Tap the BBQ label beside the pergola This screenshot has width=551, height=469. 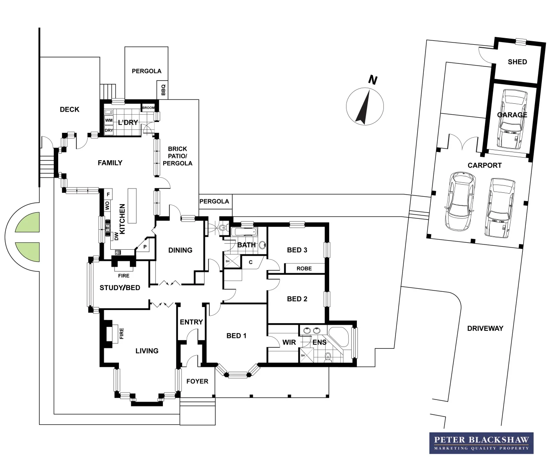[163, 90]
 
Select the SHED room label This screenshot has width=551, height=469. [517, 62]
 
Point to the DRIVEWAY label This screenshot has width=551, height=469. [485, 328]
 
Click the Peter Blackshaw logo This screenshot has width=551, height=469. [482, 443]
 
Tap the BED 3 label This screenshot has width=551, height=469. [297, 250]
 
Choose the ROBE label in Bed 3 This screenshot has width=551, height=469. [304, 268]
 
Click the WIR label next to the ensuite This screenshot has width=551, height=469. [289, 342]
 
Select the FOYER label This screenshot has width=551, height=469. [197, 381]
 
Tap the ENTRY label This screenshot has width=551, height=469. [191, 322]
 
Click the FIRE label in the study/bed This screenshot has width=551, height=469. [124, 275]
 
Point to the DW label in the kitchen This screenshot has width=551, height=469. [116, 236]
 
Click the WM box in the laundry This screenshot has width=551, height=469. [109, 120]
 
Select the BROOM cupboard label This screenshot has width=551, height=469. [148, 108]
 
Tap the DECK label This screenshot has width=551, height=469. [69, 109]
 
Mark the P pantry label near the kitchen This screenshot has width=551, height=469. [145, 247]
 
